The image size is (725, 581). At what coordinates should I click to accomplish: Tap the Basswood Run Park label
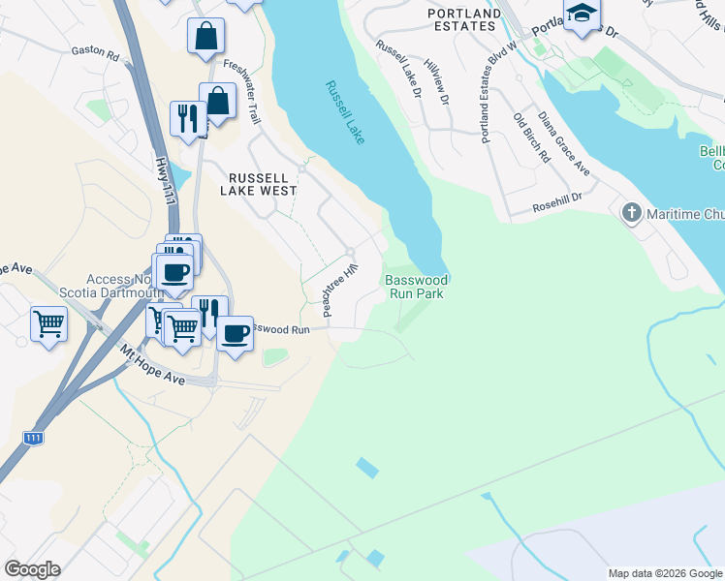point(416,286)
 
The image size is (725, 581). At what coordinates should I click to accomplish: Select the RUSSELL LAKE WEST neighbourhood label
point(258,184)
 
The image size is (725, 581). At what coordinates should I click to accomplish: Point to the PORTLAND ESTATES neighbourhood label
point(463,19)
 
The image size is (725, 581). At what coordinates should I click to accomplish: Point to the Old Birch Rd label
point(532,138)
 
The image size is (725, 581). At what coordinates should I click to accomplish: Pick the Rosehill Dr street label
point(557,207)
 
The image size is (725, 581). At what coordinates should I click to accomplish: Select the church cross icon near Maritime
point(631,212)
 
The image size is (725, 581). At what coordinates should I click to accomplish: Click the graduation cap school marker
point(582,15)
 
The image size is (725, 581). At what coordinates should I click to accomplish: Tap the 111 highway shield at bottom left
point(33,439)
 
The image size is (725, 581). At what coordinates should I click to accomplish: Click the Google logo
point(31,569)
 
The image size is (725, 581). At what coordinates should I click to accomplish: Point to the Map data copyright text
point(664,573)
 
